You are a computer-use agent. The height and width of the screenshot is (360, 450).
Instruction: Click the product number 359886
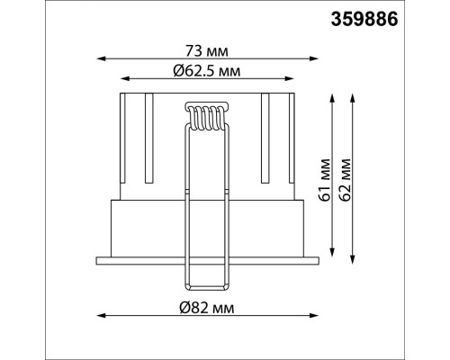click(x=364, y=20)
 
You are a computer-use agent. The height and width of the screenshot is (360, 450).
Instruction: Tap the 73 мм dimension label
click(x=207, y=51)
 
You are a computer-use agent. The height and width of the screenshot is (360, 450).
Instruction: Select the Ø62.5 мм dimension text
click(x=207, y=71)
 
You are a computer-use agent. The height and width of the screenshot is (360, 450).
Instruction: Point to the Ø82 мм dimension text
click(x=207, y=308)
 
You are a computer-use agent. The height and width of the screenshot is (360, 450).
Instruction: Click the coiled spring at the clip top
click(x=207, y=117)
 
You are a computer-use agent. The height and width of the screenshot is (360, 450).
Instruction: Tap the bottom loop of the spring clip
click(x=207, y=287)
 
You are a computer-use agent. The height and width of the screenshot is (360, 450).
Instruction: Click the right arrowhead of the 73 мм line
click(x=313, y=58)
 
